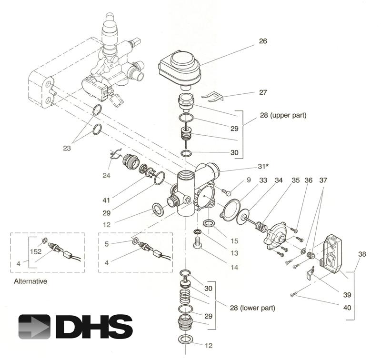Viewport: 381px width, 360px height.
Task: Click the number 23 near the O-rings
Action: [x=67, y=149]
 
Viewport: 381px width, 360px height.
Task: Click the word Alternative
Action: [x=30, y=281]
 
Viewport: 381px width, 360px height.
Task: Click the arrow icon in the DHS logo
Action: [x=34, y=327]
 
